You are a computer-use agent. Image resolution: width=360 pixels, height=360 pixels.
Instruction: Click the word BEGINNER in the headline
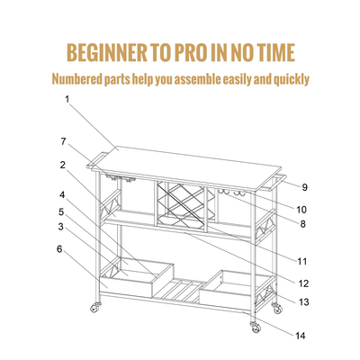pyautogui.click(x=107, y=53)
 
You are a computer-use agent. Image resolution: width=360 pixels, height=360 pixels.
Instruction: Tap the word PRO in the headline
pyautogui.click(x=187, y=53)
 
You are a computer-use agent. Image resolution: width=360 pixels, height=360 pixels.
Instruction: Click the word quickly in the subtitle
pyautogui.click(x=291, y=80)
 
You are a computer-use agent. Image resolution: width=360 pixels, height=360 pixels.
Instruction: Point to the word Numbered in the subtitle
pyautogui.click(x=76, y=79)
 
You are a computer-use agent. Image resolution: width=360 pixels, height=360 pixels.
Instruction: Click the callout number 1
pyautogui.click(x=67, y=99)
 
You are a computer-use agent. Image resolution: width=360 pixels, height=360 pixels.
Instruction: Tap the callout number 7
pyautogui.click(x=63, y=141)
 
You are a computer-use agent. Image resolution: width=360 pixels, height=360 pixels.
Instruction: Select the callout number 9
pyautogui.click(x=304, y=187)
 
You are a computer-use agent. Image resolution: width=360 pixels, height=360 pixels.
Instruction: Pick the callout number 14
pyautogui.click(x=300, y=336)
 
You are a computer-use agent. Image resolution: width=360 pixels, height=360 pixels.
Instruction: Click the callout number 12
pyautogui.click(x=303, y=283)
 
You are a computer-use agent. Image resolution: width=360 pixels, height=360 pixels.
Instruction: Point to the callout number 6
pyautogui.click(x=59, y=249)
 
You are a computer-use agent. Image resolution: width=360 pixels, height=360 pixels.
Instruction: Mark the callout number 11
pyautogui.click(x=302, y=262)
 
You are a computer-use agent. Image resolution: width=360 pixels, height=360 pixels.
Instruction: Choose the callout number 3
pyautogui.click(x=61, y=227)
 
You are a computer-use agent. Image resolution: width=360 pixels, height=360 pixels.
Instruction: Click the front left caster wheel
pyautogui.click(x=95, y=308)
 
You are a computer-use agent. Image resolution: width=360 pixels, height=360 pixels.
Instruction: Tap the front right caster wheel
pyautogui.click(x=256, y=327)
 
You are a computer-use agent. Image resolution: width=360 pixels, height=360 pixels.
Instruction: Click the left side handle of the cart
pyautogui.click(x=95, y=160)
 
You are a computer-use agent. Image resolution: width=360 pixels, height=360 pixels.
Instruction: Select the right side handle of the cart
pyautogui.click(x=275, y=182)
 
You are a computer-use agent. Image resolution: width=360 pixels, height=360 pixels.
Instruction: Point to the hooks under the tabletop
pyautogui.click(x=231, y=193)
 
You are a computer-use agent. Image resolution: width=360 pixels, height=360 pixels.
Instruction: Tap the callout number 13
pyautogui.click(x=303, y=301)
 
